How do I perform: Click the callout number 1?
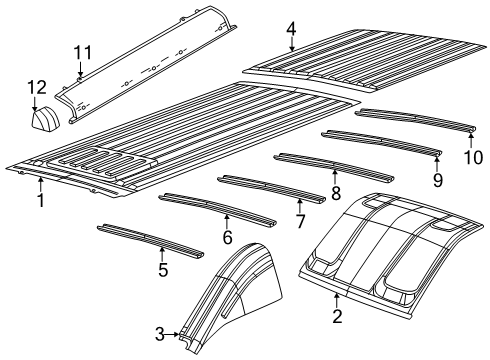[x=40, y=200]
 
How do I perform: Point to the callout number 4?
[x=290, y=28]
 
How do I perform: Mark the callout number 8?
[x=336, y=190]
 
